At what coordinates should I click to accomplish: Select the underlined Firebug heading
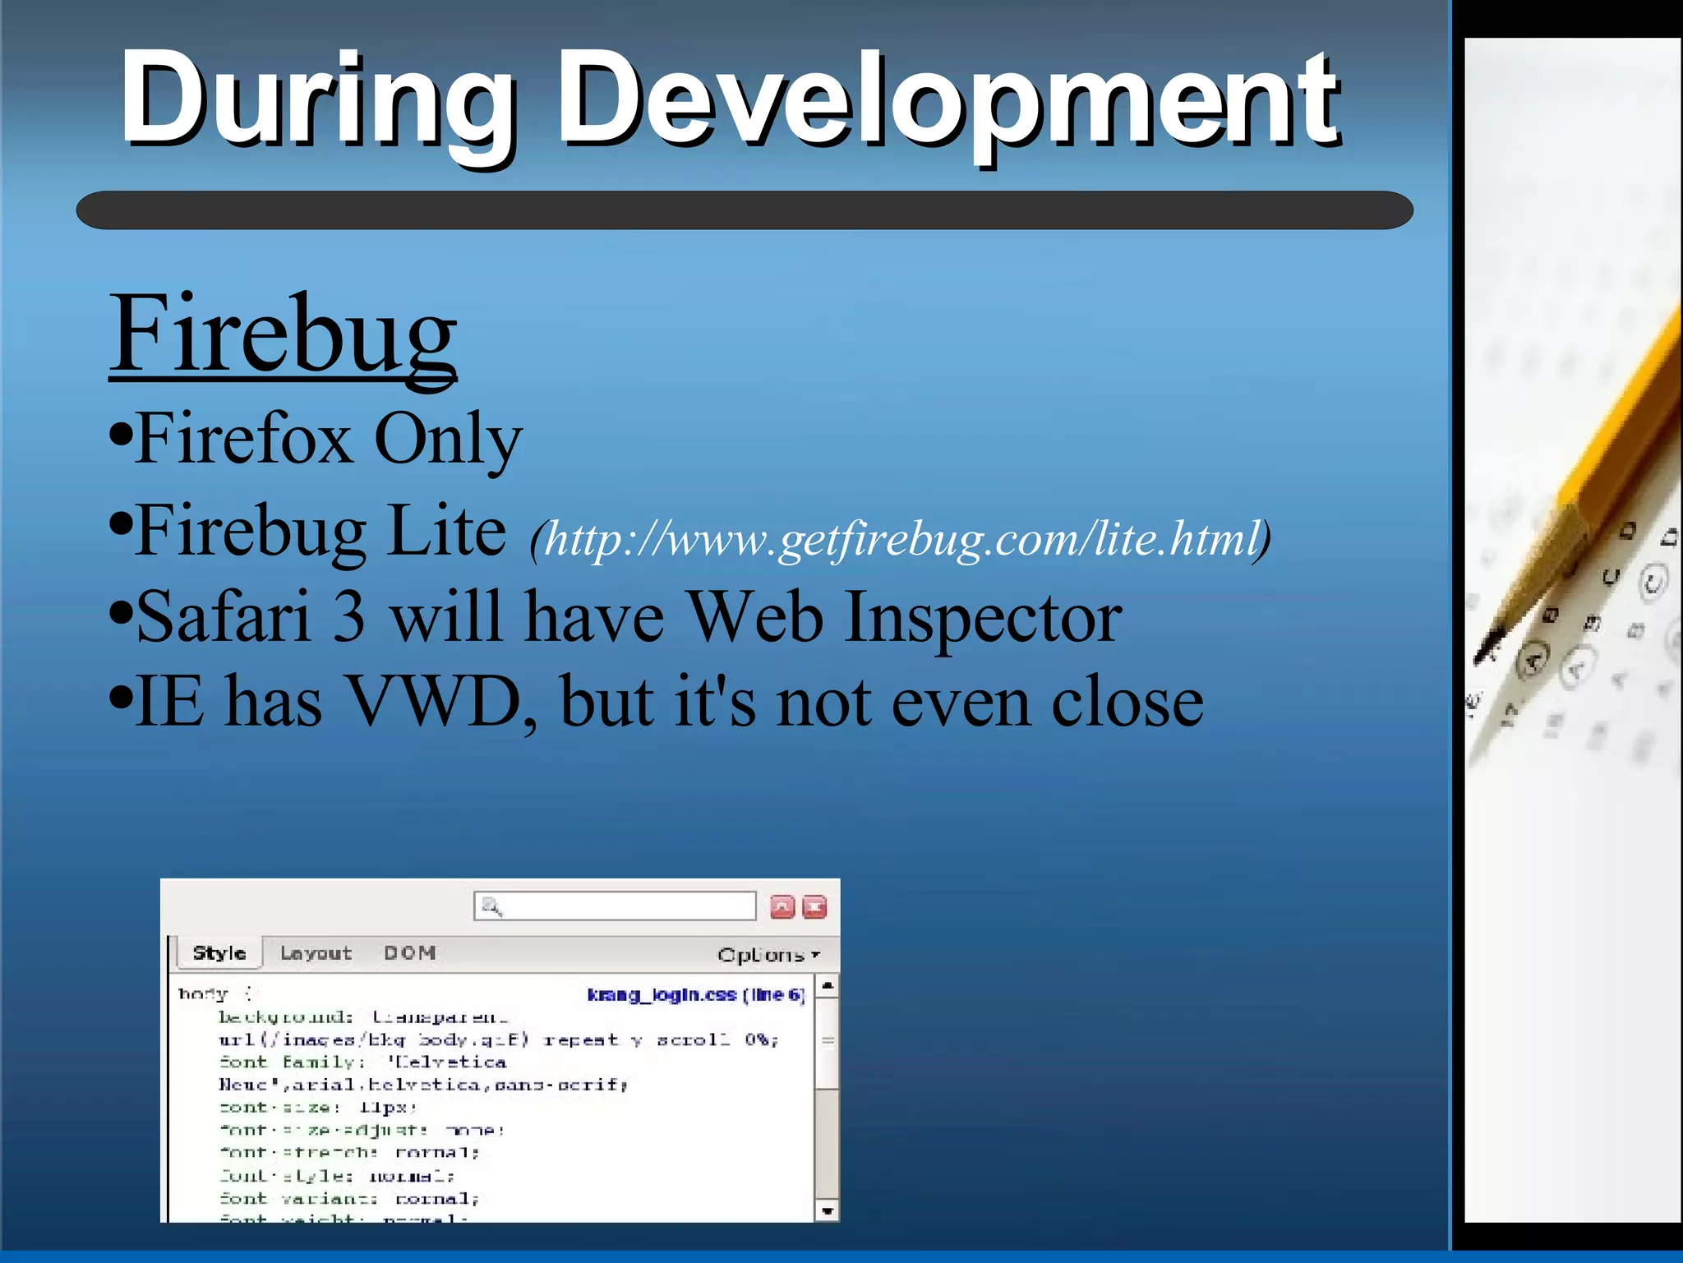(283, 334)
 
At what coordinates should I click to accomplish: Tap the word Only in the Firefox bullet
(448, 440)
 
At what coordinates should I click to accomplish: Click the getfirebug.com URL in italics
(901, 539)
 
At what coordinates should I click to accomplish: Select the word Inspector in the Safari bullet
(983, 618)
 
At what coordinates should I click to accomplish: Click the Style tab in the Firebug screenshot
(219, 953)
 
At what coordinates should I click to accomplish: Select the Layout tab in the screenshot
(316, 953)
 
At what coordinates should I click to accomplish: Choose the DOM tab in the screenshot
(409, 953)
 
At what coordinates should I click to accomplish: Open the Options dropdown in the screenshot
(768, 955)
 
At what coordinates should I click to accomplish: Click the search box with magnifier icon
(615, 906)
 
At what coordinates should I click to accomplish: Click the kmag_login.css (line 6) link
(695, 995)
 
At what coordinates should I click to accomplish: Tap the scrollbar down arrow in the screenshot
(828, 1210)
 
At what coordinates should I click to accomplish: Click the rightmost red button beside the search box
(814, 906)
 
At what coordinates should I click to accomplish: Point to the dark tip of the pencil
(1488, 645)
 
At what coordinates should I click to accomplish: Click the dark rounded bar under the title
(744, 210)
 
